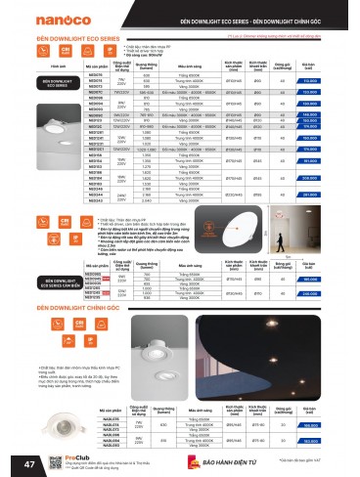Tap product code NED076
click(x=96, y=75)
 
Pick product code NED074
click(x=96, y=81)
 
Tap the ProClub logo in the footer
click(x=54, y=456)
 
